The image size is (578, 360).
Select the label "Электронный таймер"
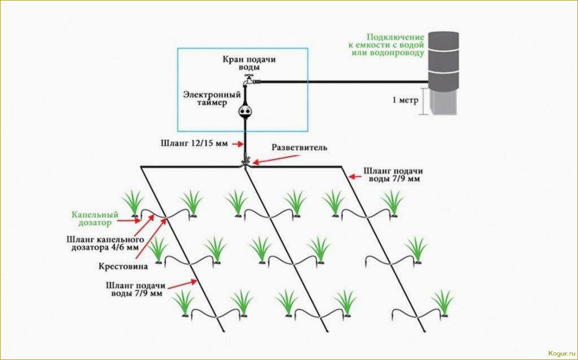pyautogui.click(x=212, y=99)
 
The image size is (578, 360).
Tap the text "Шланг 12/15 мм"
pyautogui.click(x=201, y=143)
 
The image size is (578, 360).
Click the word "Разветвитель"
pyautogui.click(x=299, y=148)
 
